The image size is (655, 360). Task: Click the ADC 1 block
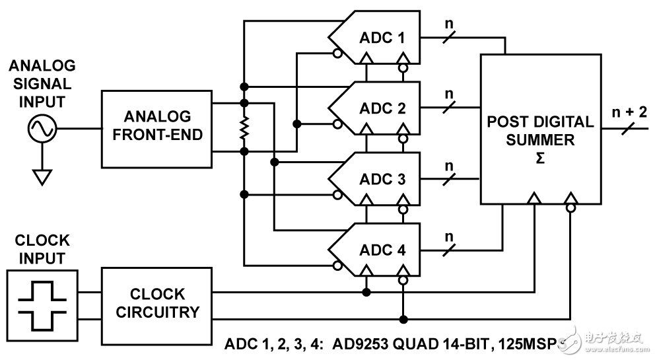pos(382,37)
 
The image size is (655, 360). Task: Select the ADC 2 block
pos(382,108)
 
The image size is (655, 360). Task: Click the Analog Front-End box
pos(156,129)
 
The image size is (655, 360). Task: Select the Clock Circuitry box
pos(156,303)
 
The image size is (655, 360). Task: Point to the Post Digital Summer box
pos(539,129)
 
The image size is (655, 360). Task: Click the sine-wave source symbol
pos(40,129)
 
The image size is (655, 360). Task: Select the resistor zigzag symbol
pos(244,128)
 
